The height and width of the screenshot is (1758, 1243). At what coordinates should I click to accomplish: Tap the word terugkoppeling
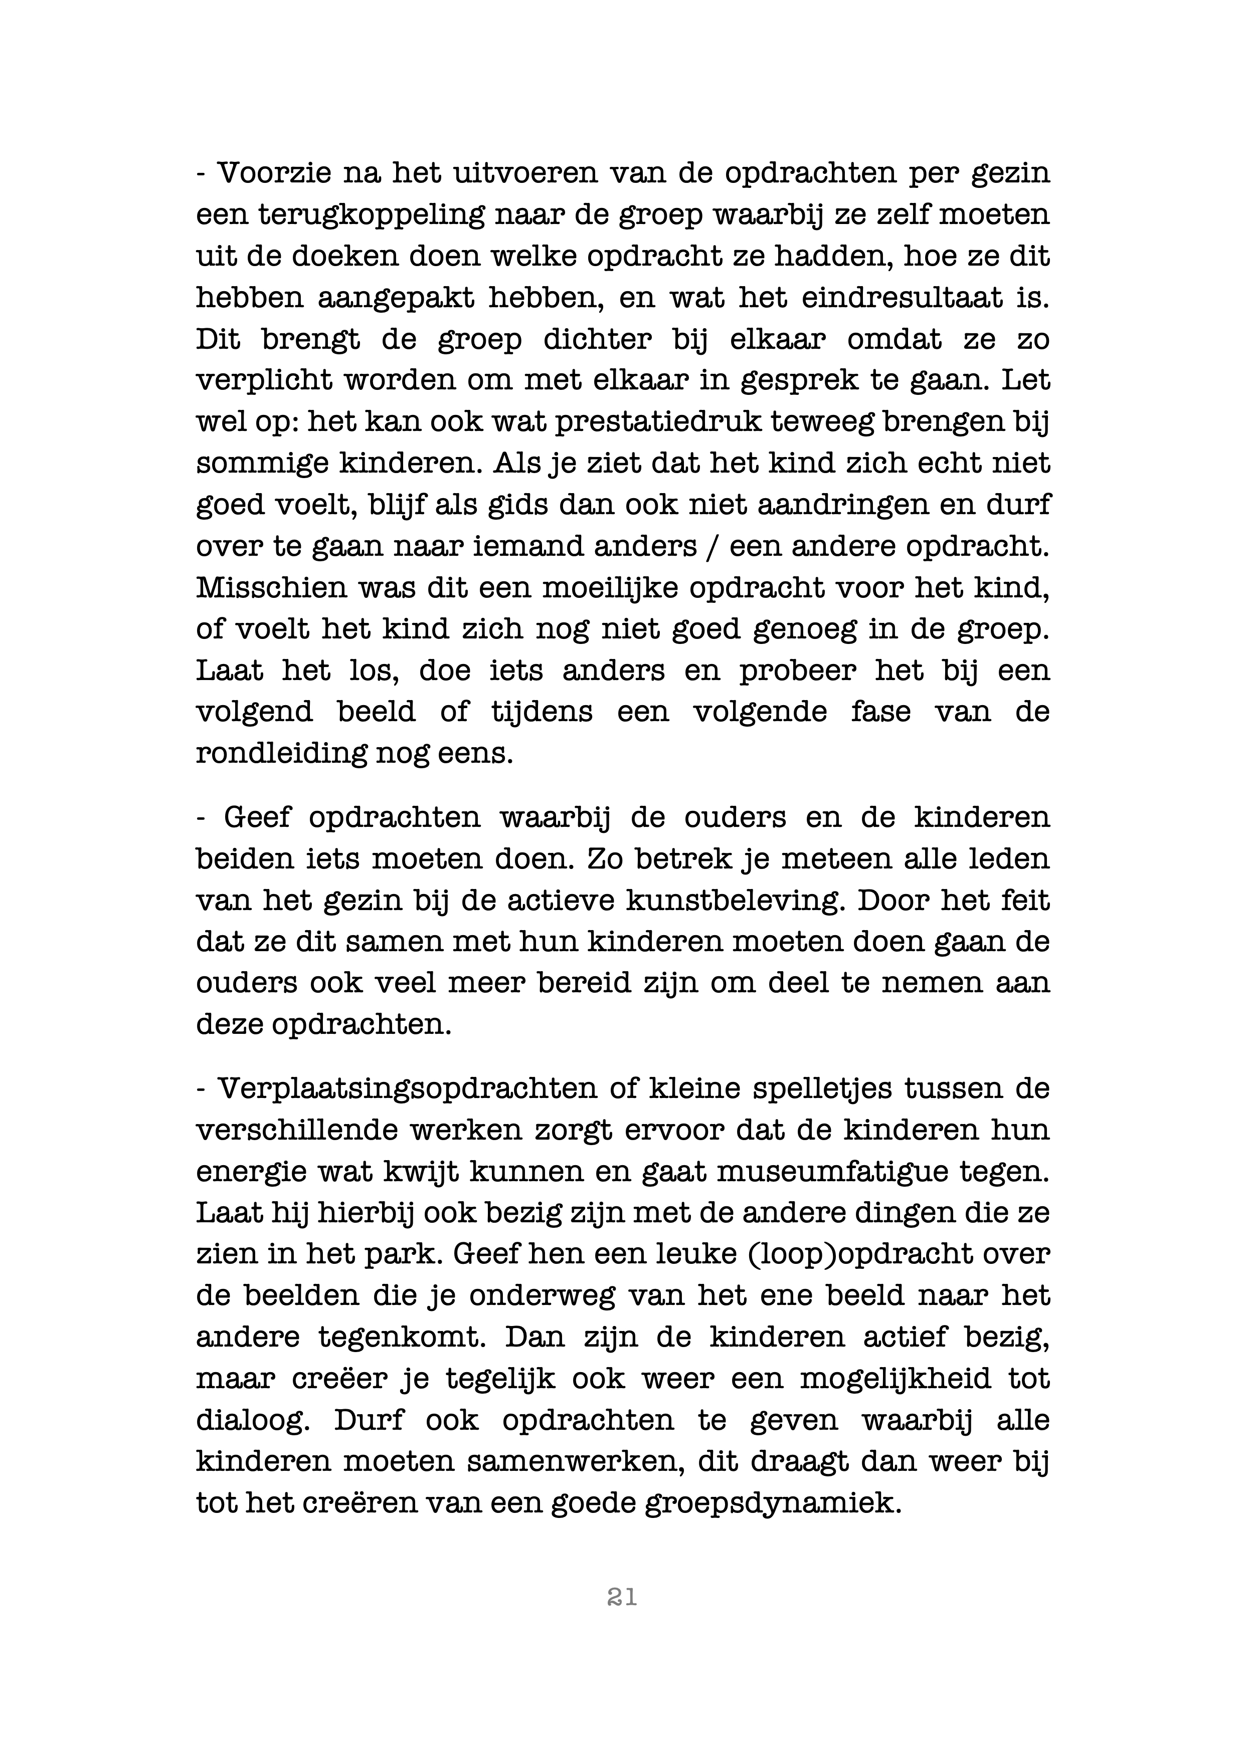[x=371, y=214]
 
